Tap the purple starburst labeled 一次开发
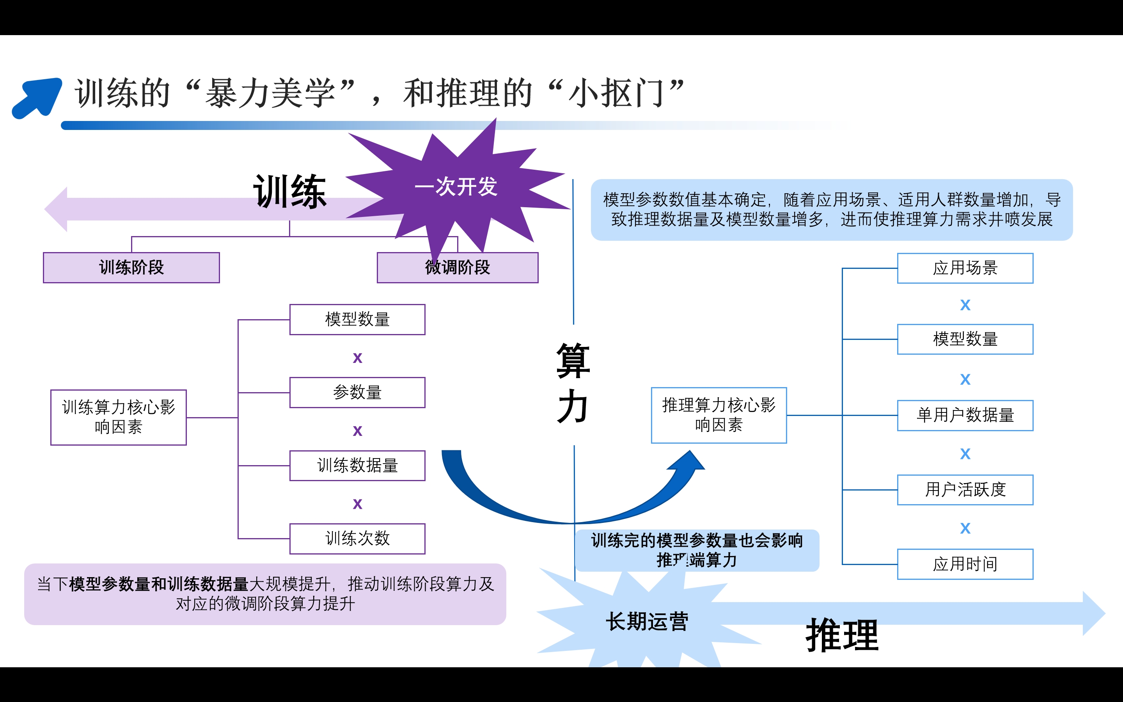[456, 187]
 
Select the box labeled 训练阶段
[131, 267]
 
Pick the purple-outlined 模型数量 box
[357, 320]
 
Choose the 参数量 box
[357, 392]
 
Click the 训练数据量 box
[357, 465]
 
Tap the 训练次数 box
[357, 538]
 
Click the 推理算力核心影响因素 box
[719, 415]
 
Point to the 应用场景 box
[965, 268]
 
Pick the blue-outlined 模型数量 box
[965, 339]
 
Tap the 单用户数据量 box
[965, 415]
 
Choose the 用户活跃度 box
[965, 490]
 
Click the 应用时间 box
[965, 564]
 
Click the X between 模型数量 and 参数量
[357, 357]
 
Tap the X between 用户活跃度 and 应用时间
[965, 528]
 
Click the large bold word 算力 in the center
[573, 383]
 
